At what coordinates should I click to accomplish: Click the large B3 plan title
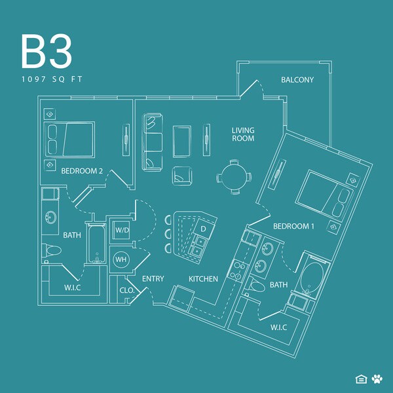point(46,52)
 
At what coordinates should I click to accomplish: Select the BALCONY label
point(297,80)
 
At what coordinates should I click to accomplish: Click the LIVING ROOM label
point(243,134)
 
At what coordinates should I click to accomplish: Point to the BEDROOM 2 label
point(82,171)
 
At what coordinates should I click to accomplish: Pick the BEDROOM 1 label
point(293,226)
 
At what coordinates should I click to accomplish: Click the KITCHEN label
point(203,279)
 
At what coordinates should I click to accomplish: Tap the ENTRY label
point(153,279)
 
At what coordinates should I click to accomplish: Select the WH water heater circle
point(121,260)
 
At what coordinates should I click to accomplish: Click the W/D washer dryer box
point(122,231)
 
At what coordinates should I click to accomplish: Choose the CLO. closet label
point(126,290)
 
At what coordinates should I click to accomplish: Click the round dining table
point(234,176)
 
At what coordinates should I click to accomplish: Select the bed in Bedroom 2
point(70,139)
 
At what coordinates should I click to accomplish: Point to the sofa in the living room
point(152,142)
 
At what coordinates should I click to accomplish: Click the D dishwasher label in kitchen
point(203,229)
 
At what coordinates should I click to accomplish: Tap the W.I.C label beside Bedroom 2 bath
point(73,286)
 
